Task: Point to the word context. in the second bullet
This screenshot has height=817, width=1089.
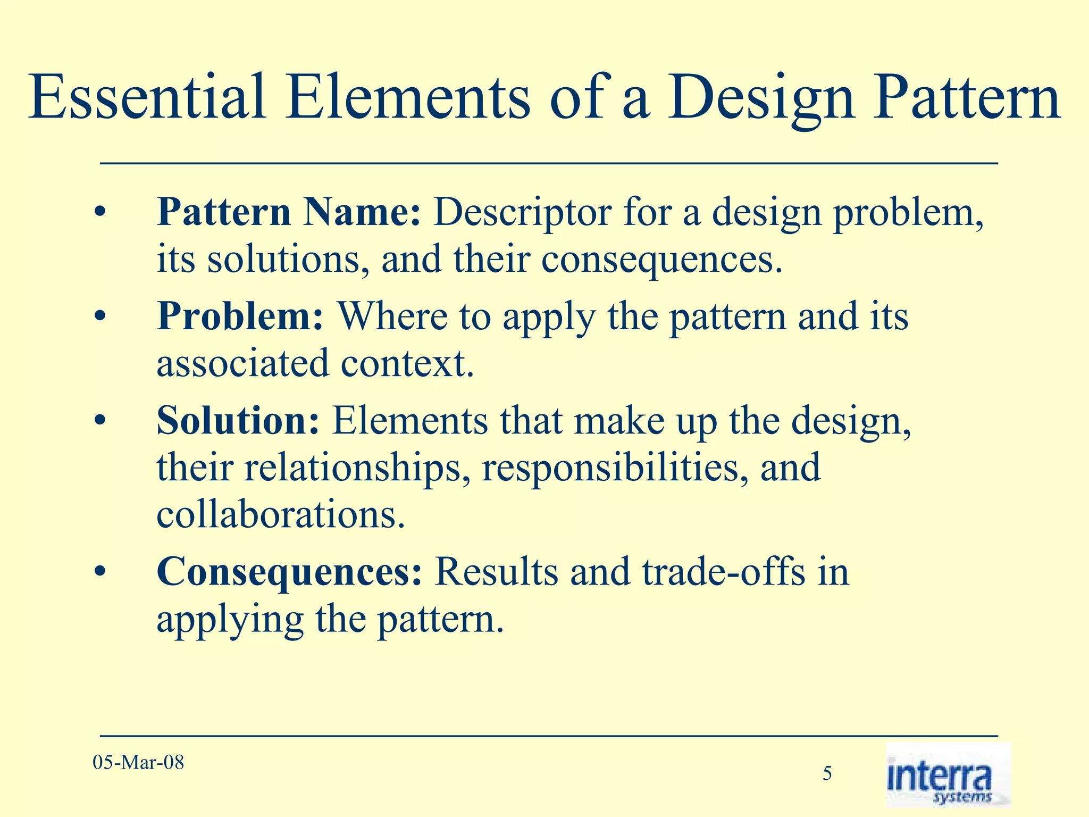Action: pyautogui.click(x=407, y=364)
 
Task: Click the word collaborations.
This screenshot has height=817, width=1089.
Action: pyautogui.click(x=281, y=515)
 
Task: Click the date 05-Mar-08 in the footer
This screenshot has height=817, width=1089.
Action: pyautogui.click(x=138, y=762)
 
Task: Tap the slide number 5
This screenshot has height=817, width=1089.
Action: pyautogui.click(x=827, y=773)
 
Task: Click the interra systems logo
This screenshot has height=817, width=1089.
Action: pyautogui.click(x=948, y=776)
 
